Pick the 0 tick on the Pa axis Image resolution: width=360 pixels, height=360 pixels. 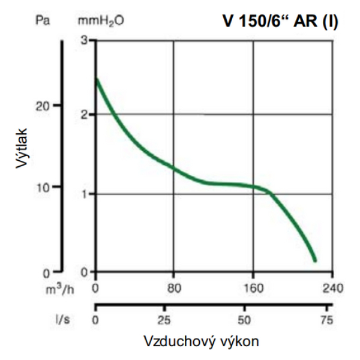pos(47,272)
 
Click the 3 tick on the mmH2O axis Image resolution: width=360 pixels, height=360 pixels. pos(84,40)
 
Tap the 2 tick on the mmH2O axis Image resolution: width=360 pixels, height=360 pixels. pos(84,114)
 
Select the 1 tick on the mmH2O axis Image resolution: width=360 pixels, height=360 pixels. pos(84,194)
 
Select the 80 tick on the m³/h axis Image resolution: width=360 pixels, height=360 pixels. pos(174,288)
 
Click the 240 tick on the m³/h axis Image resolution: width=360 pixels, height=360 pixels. pos(333,288)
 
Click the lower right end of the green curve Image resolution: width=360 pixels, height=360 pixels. pos(314,260)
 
